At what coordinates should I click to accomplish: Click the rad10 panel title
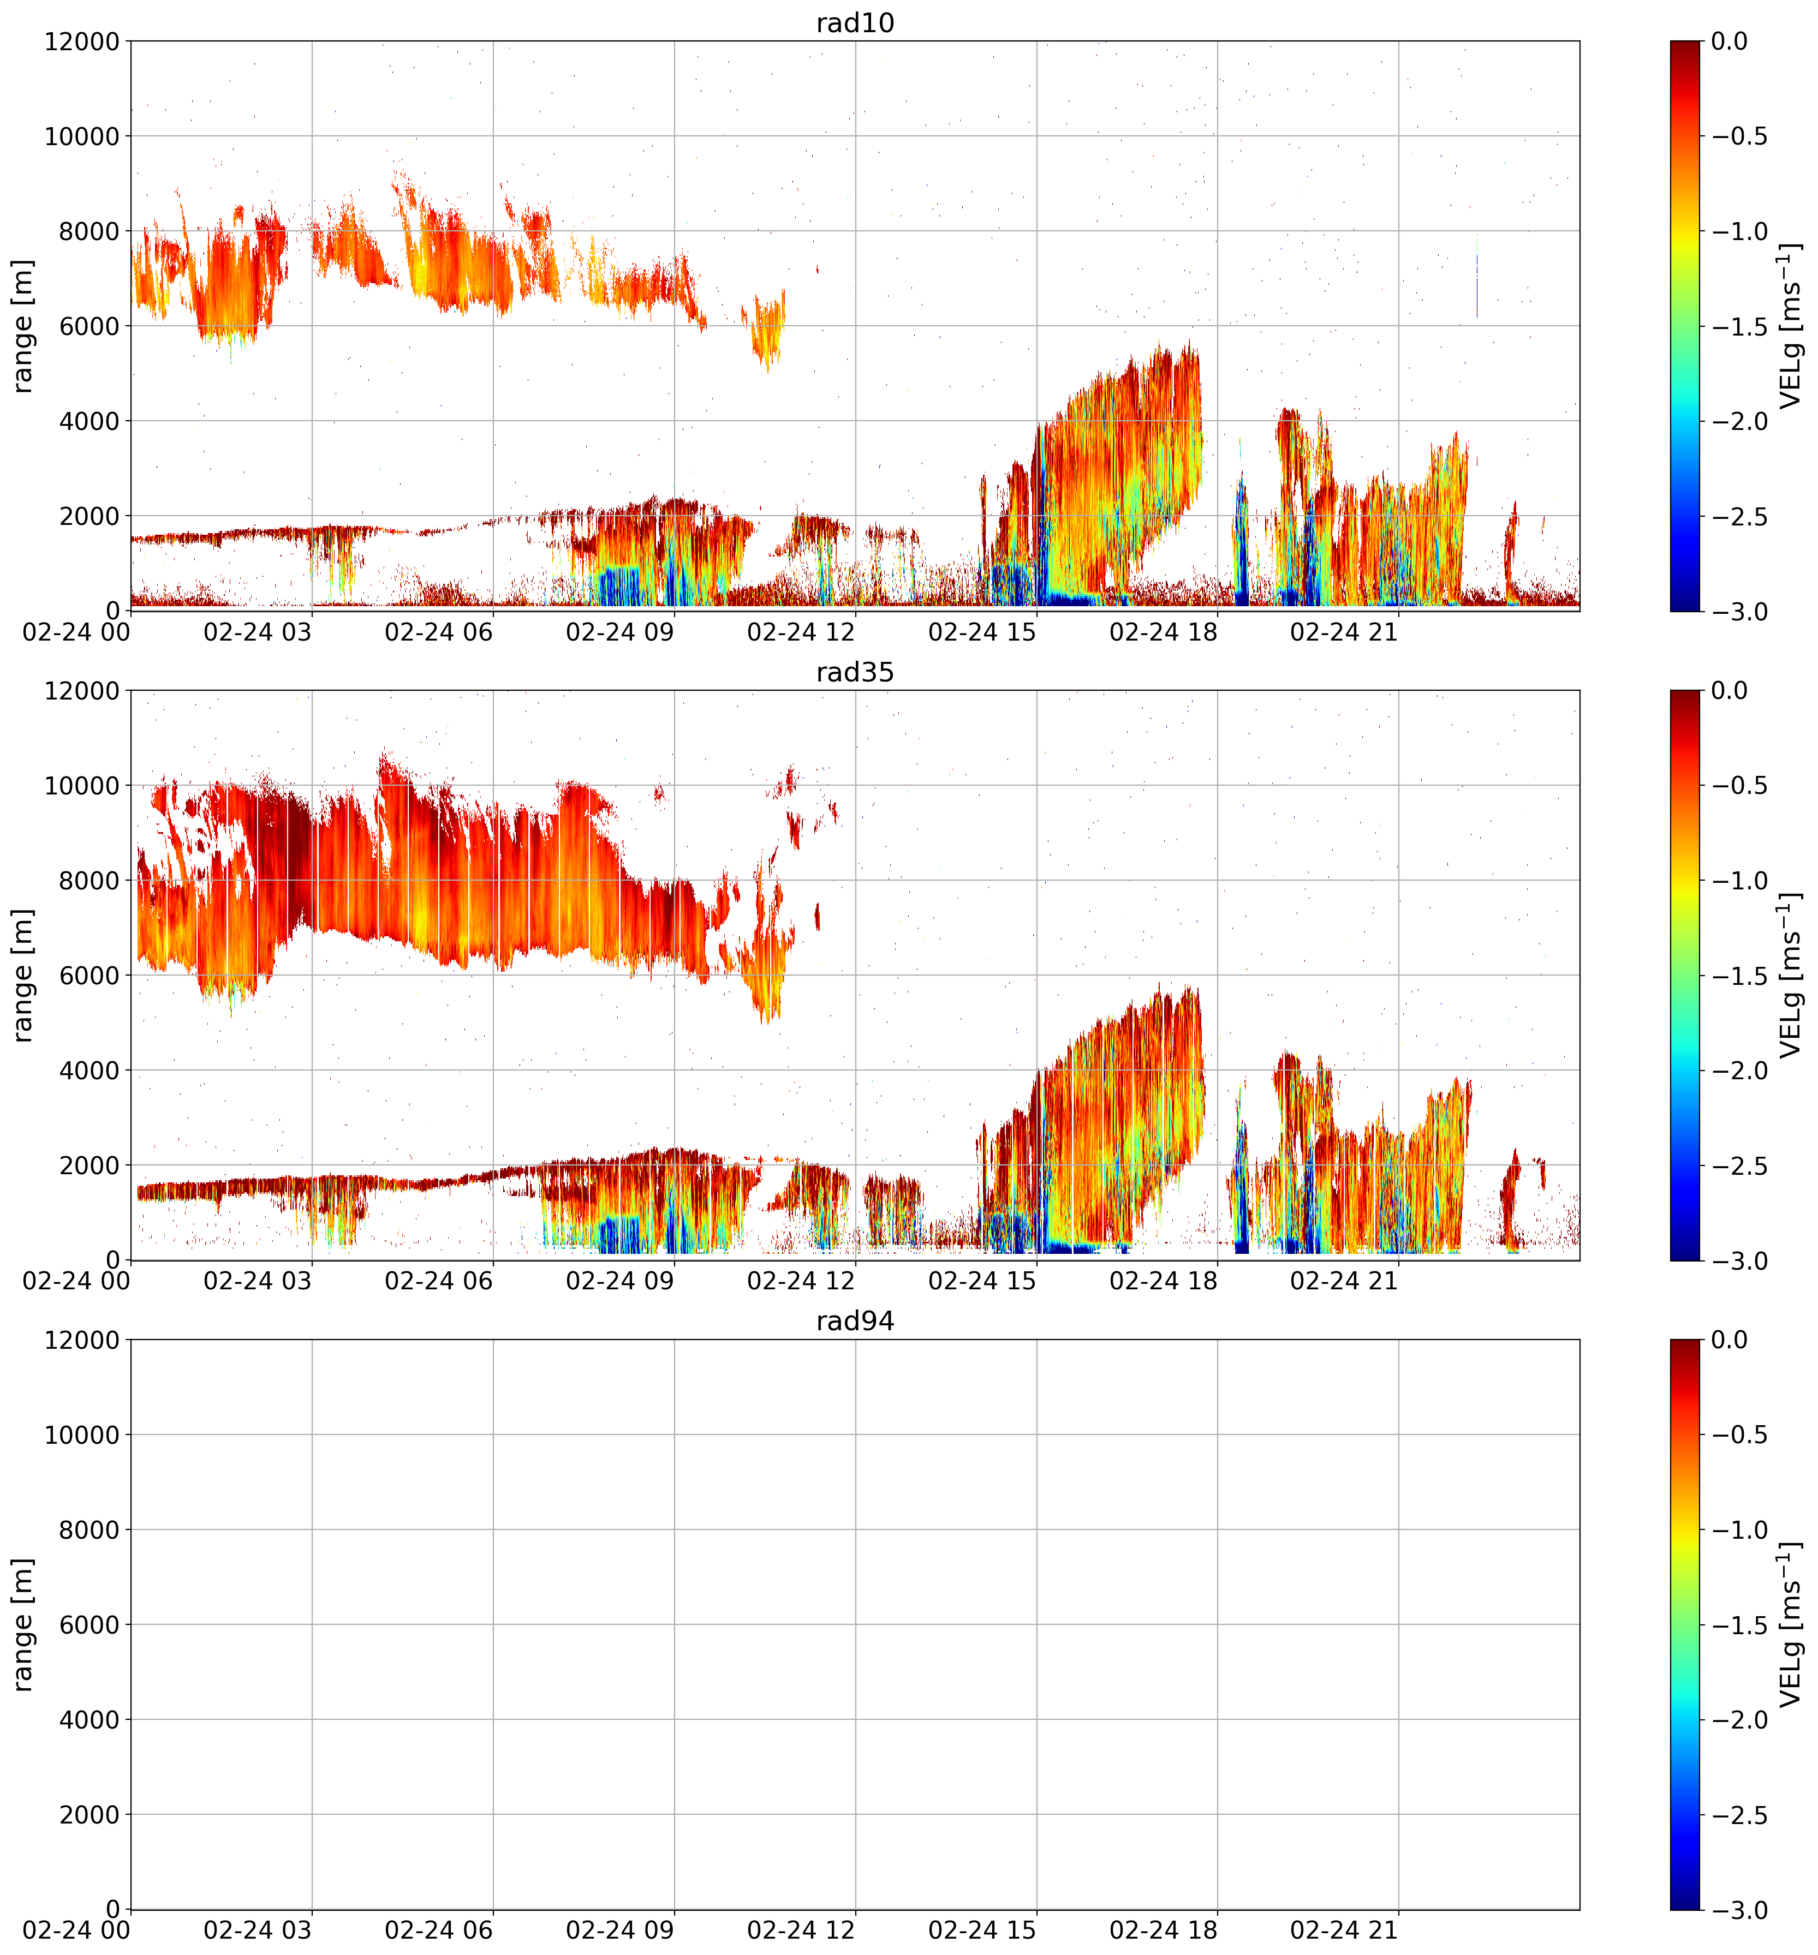855,22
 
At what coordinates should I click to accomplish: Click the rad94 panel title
855,1321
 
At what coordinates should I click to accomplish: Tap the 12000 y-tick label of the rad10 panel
82,41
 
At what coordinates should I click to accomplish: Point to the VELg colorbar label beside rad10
1791,326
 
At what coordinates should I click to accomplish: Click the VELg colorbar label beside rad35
1791,976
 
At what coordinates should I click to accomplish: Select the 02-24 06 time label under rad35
439,1281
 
